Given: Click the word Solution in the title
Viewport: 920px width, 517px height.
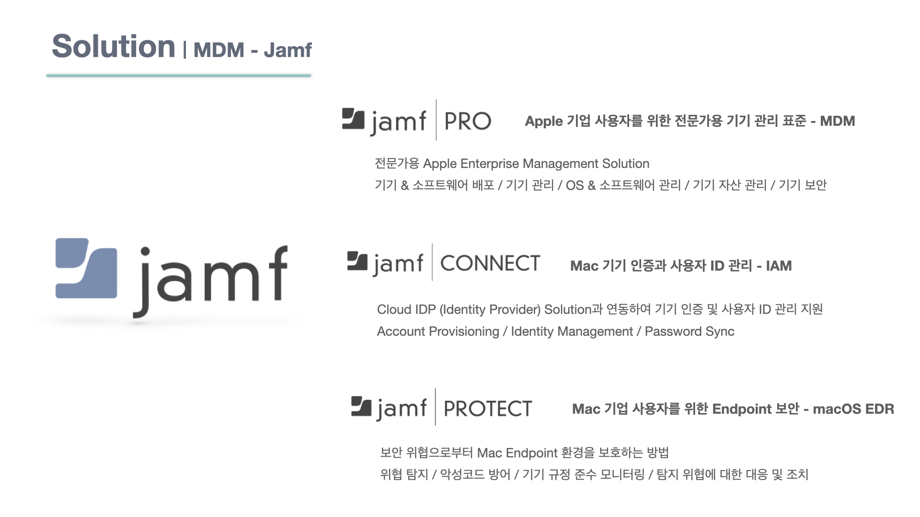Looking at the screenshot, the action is tap(114, 46).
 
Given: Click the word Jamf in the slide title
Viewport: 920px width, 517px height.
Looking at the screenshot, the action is tap(287, 50).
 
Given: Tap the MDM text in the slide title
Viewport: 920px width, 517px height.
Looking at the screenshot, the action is tap(219, 50).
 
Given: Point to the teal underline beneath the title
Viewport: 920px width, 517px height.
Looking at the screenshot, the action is tap(179, 75).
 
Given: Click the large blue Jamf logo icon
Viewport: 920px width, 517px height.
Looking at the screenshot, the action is tap(86, 268).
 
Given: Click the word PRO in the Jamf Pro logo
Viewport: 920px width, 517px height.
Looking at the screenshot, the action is tap(468, 121).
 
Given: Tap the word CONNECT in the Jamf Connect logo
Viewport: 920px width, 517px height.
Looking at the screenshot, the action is tap(490, 263).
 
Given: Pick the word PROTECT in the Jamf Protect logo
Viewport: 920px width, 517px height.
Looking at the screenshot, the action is tap(488, 409).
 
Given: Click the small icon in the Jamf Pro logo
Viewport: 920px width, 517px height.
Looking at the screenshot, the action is tap(353, 119).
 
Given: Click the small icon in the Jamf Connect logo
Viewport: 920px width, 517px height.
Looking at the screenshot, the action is tap(357, 261).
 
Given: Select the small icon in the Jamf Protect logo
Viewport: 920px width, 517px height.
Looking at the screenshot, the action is tap(361, 406).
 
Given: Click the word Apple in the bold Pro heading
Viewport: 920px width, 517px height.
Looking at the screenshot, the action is tap(544, 121).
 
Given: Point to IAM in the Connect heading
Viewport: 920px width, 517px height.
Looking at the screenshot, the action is tap(779, 266).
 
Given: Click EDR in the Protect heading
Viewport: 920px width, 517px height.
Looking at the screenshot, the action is tap(880, 409).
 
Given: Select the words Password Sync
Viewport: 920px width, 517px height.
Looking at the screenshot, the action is tap(690, 331).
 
